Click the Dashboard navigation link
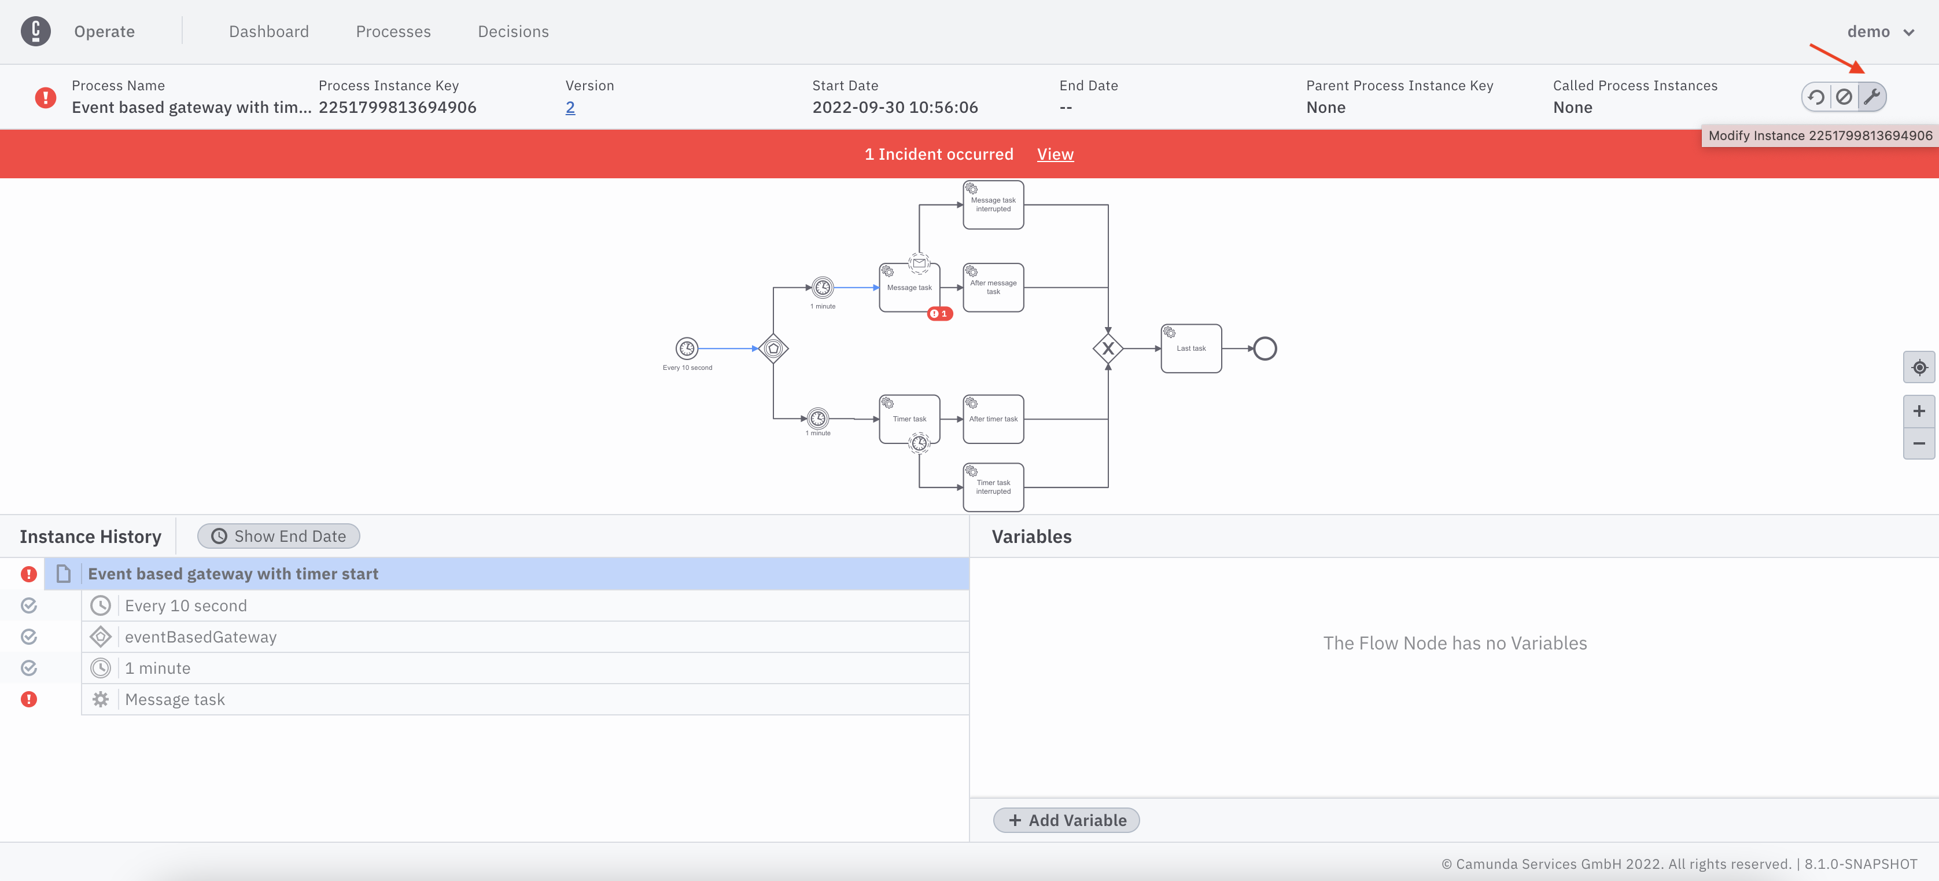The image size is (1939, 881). coord(269,32)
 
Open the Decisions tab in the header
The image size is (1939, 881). coord(513,32)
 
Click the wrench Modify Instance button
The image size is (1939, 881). coord(1871,97)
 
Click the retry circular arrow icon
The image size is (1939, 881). coord(1816,97)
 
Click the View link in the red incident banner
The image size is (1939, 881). coord(1055,155)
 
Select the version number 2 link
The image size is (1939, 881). coord(570,108)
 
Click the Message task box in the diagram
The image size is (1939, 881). coord(909,288)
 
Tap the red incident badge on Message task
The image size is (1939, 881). coord(939,314)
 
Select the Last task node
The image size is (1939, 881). coord(1191,348)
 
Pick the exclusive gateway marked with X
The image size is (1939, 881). coord(1107,348)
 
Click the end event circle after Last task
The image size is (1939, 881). coord(1265,348)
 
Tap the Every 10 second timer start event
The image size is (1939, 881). coord(687,348)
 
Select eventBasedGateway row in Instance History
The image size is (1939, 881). coord(201,637)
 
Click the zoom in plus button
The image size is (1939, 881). coord(1919,411)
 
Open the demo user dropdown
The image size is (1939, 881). coord(1879,32)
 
